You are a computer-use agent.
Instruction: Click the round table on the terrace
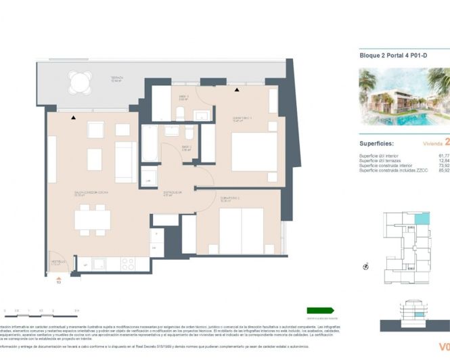pyautogui.click(x=78, y=83)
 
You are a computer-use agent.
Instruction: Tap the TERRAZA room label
pyautogui.click(x=117, y=78)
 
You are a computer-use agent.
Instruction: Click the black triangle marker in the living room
pyautogui.click(x=73, y=118)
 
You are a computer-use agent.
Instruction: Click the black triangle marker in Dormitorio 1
pyautogui.click(x=236, y=89)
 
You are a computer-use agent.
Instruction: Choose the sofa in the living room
pyautogui.click(x=125, y=162)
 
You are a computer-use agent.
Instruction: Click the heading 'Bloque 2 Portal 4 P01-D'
pyautogui.click(x=392, y=56)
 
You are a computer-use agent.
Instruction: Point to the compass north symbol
pyautogui.click(x=367, y=266)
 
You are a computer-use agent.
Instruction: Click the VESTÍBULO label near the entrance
pyautogui.click(x=57, y=261)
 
